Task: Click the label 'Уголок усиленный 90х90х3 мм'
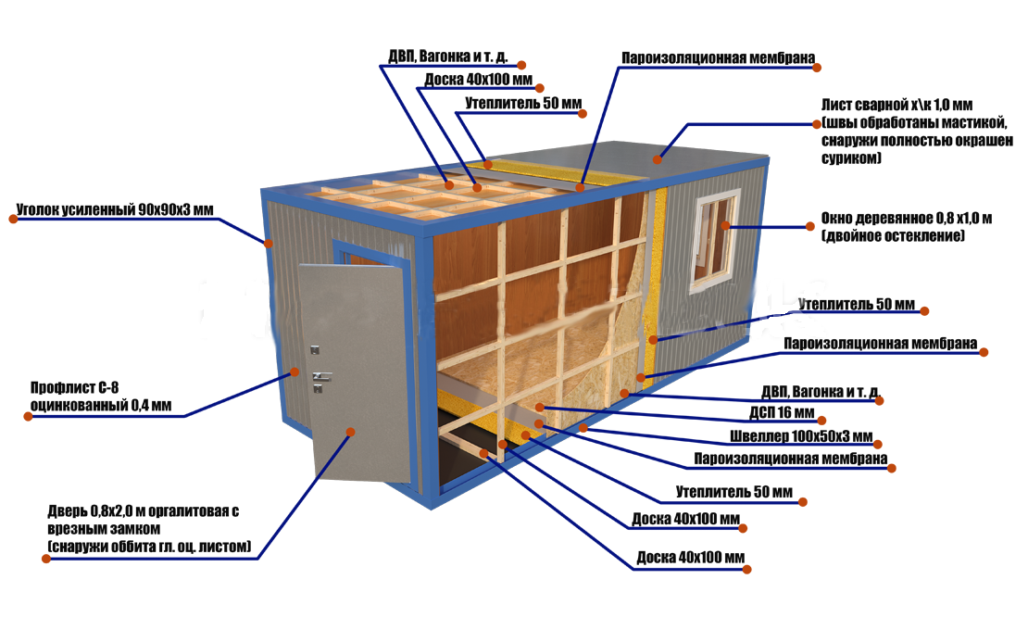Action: [115, 209]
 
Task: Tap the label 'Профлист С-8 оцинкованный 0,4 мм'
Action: [101, 397]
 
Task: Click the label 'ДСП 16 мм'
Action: [782, 412]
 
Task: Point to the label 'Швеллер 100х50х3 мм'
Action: [801, 436]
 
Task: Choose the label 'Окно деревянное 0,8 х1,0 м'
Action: [906, 219]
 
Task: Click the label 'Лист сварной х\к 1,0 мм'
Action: [896, 105]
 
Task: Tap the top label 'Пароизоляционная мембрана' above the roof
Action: [718, 58]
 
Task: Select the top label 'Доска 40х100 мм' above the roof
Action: [478, 80]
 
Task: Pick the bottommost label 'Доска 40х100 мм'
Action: [690, 558]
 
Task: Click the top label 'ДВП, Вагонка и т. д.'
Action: [448, 57]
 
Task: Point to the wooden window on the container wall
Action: [715, 240]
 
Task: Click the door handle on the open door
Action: [320, 376]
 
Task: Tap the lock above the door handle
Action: [316, 351]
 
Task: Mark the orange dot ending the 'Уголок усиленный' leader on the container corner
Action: [269, 244]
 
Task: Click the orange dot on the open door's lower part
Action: [351, 432]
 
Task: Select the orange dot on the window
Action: [726, 225]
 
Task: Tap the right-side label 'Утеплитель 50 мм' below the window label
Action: [857, 304]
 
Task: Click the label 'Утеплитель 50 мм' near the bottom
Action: [734, 492]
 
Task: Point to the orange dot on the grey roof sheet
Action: [657, 158]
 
